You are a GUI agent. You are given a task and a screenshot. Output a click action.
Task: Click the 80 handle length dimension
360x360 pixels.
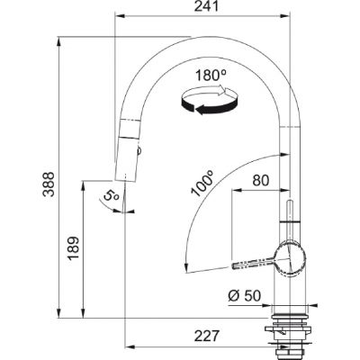[x=261, y=180]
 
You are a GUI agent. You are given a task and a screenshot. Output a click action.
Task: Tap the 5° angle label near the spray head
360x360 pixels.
[x=109, y=193]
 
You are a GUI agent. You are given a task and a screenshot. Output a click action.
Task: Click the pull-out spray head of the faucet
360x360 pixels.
[x=126, y=153]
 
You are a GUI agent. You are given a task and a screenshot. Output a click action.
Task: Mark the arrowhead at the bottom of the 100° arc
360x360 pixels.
[x=185, y=267]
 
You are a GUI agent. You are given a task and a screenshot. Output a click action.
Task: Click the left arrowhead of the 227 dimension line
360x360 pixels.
[x=127, y=346]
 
